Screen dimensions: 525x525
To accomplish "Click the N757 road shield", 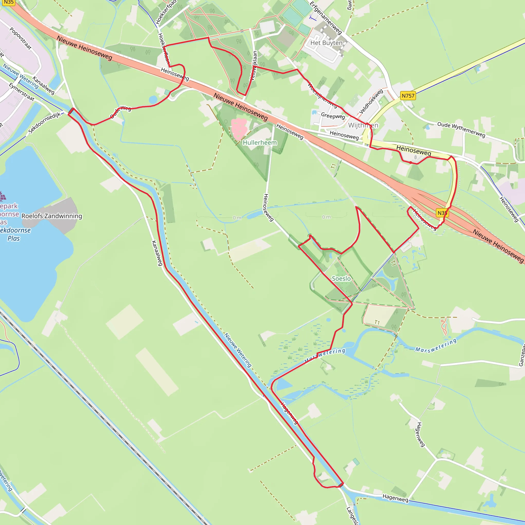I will (x=408, y=96).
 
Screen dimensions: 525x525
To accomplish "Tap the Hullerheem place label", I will (x=260, y=142).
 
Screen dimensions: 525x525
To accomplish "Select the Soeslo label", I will (x=341, y=279).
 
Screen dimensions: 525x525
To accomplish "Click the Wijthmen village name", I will (x=363, y=125).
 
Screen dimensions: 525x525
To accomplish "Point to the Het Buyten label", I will (x=326, y=43).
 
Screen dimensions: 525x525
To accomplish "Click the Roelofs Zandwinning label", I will (x=52, y=216).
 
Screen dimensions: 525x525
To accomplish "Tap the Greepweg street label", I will (x=333, y=116).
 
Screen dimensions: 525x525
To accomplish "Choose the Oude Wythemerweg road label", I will (x=461, y=130).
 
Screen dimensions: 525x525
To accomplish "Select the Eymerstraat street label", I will (x=22, y=92).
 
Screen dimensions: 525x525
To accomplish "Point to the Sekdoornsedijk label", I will (x=45, y=123).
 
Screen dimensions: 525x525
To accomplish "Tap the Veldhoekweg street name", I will (x=371, y=101).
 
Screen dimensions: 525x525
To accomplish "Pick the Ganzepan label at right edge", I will (x=521, y=355).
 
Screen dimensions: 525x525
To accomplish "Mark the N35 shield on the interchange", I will (x=442, y=213).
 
